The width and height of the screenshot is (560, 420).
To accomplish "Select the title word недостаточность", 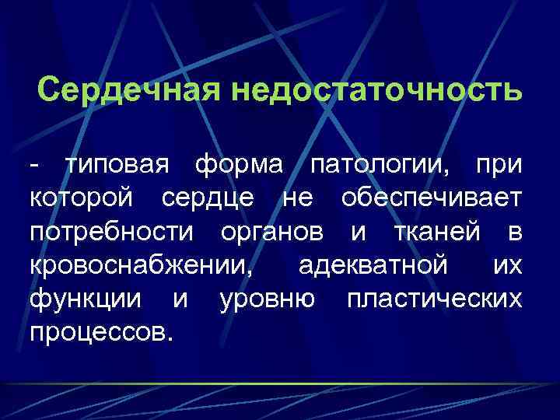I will [x=375, y=91].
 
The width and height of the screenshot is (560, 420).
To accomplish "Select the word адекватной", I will [x=373, y=264].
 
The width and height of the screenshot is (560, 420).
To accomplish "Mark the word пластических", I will [x=434, y=299].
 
